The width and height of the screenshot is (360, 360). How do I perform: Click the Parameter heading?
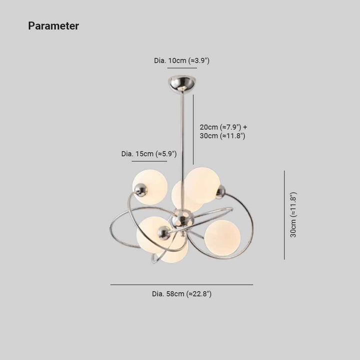(x=53, y=25)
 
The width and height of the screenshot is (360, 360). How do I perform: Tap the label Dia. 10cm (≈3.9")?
(x=181, y=60)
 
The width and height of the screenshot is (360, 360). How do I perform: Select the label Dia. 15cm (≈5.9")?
(x=149, y=153)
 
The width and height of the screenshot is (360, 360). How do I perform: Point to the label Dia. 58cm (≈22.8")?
(x=181, y=293)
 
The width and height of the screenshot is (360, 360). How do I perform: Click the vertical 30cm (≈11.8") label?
(x=293, y=214)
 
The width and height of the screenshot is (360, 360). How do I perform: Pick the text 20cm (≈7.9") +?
(x=223, y=127)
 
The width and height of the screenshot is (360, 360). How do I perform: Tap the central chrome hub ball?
(x=183, y=220)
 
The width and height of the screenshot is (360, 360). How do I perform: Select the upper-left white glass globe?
(x=150, y=187)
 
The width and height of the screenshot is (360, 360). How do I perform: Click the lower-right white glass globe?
(x=222, y=238)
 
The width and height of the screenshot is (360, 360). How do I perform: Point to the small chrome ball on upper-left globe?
(x=140, y=190)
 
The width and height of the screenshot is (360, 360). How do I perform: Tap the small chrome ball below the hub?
(x=164, y=232)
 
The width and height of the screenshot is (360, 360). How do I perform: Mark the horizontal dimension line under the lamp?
(x=181, y=284)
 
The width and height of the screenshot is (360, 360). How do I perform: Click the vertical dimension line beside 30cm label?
(x=284, y=215)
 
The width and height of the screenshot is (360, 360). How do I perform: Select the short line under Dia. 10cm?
(x=182, y=68)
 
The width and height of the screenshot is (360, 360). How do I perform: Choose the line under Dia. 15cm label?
(x=149, y=161)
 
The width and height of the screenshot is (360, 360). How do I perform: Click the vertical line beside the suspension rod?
(x=193, y=129)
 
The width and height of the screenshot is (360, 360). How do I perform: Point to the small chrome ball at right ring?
(x=221, y=192)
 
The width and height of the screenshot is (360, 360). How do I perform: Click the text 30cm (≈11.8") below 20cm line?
(x=222, y=135)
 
